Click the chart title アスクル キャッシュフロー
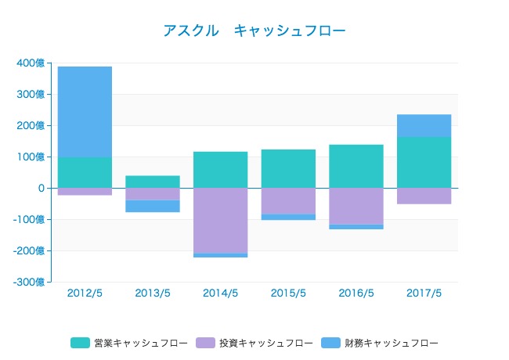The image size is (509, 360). (254, 31)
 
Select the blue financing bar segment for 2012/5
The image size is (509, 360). (85, 112)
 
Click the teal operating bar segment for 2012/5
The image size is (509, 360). (85, 172)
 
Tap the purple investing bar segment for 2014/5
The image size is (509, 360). (220, 221)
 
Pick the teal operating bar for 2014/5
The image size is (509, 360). (220, 170)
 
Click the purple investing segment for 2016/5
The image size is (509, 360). (356, 206)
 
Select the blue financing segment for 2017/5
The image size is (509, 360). (424, 126)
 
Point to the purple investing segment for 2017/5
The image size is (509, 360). (424, 196)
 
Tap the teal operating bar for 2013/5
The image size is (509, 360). (153, 182)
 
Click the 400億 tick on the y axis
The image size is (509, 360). (30, 63)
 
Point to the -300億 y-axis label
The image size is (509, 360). (28, 282)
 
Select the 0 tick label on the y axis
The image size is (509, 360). (39, 189)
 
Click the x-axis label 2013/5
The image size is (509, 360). (153, 293)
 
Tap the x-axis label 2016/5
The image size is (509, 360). (356, 293)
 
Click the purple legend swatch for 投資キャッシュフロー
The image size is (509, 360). (207, 343)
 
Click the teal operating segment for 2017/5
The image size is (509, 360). (424, 162)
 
